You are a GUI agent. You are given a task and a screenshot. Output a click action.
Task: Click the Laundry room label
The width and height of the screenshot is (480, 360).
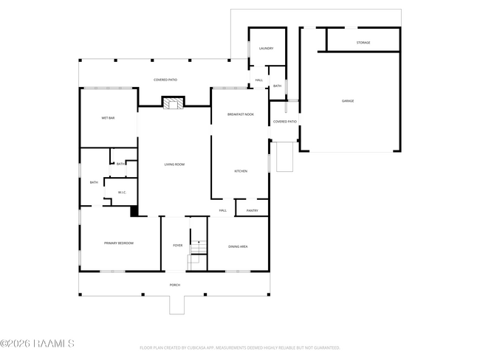266,49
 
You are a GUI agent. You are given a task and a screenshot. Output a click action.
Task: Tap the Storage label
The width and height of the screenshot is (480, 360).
363,43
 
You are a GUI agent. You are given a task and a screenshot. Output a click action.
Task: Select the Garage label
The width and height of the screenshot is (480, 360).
347,100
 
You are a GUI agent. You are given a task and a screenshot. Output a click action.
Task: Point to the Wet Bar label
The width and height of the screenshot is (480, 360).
108,118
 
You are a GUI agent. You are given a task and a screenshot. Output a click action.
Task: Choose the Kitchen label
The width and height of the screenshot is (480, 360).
240,171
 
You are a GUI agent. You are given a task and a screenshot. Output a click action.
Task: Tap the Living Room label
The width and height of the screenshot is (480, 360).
174,165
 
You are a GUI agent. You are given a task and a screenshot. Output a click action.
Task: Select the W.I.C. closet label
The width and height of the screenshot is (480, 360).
122,193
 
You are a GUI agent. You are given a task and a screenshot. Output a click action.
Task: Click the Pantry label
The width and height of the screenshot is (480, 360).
252,210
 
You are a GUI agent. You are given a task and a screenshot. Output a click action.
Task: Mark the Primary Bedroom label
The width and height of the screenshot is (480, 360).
118,243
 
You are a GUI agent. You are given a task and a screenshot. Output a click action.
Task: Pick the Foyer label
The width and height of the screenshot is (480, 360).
177,246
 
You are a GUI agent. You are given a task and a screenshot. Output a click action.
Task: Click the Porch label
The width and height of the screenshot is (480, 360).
174,285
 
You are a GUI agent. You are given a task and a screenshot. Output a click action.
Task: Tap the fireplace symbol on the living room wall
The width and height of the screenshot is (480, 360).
174,103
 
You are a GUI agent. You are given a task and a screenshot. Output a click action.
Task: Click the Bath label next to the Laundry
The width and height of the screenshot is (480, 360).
277,86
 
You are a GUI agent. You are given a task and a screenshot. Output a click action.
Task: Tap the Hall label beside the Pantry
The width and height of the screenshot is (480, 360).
222,210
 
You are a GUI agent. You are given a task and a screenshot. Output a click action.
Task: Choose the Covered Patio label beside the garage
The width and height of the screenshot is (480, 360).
284,122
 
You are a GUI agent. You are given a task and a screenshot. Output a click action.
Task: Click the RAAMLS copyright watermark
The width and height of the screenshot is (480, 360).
37,344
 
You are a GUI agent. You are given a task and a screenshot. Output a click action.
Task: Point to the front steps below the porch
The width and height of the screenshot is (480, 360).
177,305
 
